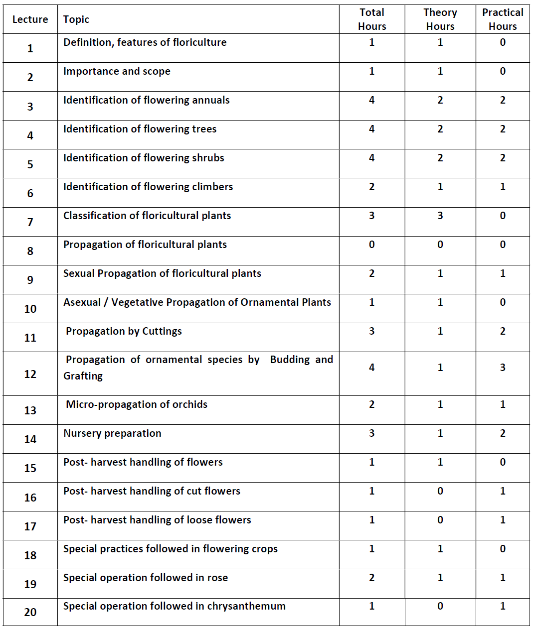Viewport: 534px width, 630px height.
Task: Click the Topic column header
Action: coord(76,19)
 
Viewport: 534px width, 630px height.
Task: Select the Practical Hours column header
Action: coord(503,19)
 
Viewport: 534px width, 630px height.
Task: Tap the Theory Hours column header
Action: coord(440,19)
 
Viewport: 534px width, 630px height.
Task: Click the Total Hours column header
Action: coord(372,19)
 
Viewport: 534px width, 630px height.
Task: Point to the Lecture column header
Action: coord(30,19)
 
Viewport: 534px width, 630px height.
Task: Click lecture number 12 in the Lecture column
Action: coord(30,374)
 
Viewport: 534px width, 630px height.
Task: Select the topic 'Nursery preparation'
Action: coord(112,433)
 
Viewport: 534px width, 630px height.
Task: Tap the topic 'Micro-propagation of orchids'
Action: coord(137,404)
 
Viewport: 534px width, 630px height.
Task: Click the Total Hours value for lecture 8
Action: coord(372,245)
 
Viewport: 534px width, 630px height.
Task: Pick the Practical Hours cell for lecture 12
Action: coord(503,368)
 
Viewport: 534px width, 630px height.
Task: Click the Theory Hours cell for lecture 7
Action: coord(440,216)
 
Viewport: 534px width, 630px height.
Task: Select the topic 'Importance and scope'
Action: coord(117,71)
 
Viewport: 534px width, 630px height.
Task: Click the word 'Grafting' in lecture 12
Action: coord(83,376)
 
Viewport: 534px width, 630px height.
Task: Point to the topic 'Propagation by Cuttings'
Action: coord(124,331)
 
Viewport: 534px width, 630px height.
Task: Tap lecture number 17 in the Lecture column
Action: coord(30,526)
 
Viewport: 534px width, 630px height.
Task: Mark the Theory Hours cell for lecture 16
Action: coord(440,491)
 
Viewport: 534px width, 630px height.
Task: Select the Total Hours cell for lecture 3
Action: coord(372,100)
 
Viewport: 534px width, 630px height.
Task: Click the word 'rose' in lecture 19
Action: coord(217,578)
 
